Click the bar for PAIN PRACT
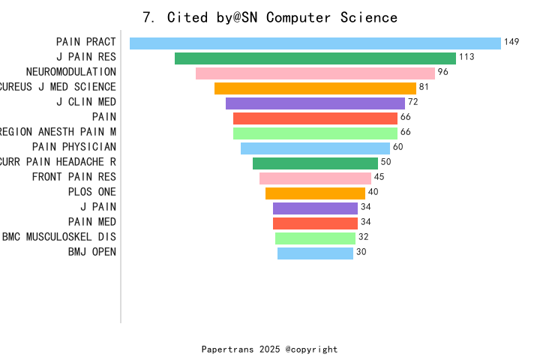click(315, 43)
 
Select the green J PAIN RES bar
click(315, 58)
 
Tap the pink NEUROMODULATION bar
click(315, 73)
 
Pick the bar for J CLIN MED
click(315, 103)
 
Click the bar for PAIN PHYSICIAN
click(315, 148)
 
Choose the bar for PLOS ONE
click(315, 193)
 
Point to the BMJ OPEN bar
click(315, 253)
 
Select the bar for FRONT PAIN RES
click(315, 178)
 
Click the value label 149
click(511, 42)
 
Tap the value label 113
click(466, 57)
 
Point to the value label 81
click(424, 87)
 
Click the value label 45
click(379, 177)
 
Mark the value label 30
click(361, 252)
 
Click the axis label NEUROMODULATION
click(70, 72)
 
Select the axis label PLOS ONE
click(91, 192)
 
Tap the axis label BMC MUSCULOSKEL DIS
click(58, 237)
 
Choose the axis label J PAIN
click(98, 207)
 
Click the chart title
click(270, 17)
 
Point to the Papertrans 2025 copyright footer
click(269, 349)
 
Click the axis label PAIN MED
click(91, 222)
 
